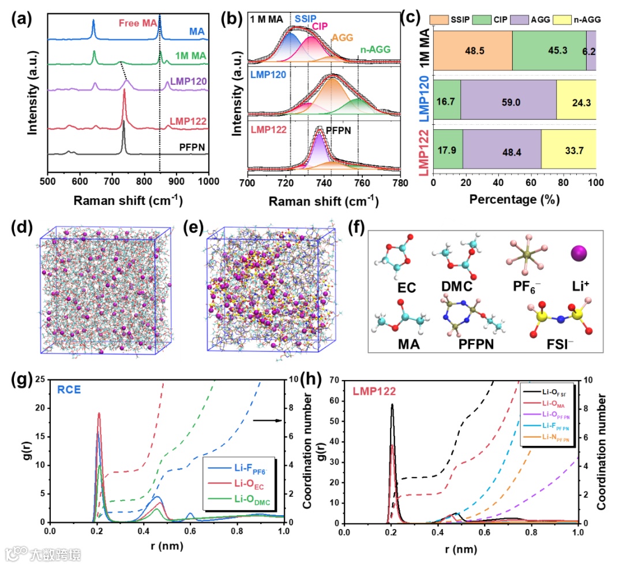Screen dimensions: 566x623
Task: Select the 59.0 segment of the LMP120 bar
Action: pyautogui.click(x=508, y=99)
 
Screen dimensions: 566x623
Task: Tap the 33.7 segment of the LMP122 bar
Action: pyautogui.click(x=568, y=148)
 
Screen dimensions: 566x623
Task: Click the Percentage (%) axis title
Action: pyautogui.click(x=514, y=199)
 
